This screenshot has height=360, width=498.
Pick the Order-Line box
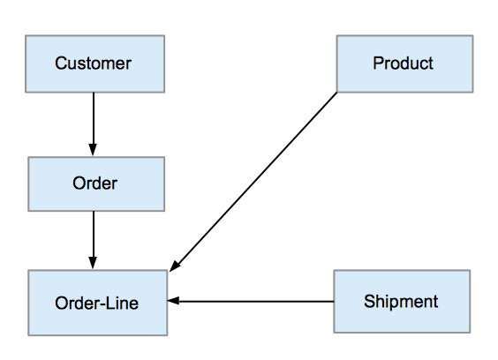[x=97, y=303]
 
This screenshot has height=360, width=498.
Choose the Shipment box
[x=402, y=301]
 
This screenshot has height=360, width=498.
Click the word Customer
[x=93, y=64]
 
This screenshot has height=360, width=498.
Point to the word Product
[x=403, y=63]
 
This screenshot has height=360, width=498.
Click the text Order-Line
[x=96, y=303]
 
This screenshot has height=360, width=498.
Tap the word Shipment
[x=401, y=301]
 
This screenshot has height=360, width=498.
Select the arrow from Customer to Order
[x=94, y=124]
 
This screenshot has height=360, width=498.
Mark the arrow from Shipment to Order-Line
[x=252, y=301]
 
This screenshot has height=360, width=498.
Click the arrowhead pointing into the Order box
[x=94, y=150]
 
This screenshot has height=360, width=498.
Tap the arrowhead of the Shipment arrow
[x=174, y=301]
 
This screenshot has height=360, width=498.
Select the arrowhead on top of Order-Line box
[x=94, y=264]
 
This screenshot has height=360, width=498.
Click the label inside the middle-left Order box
[x=95, y=184]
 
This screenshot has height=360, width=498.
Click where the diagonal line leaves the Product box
[x=336, y=92]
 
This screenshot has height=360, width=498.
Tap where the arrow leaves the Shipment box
[x=333, y=301]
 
